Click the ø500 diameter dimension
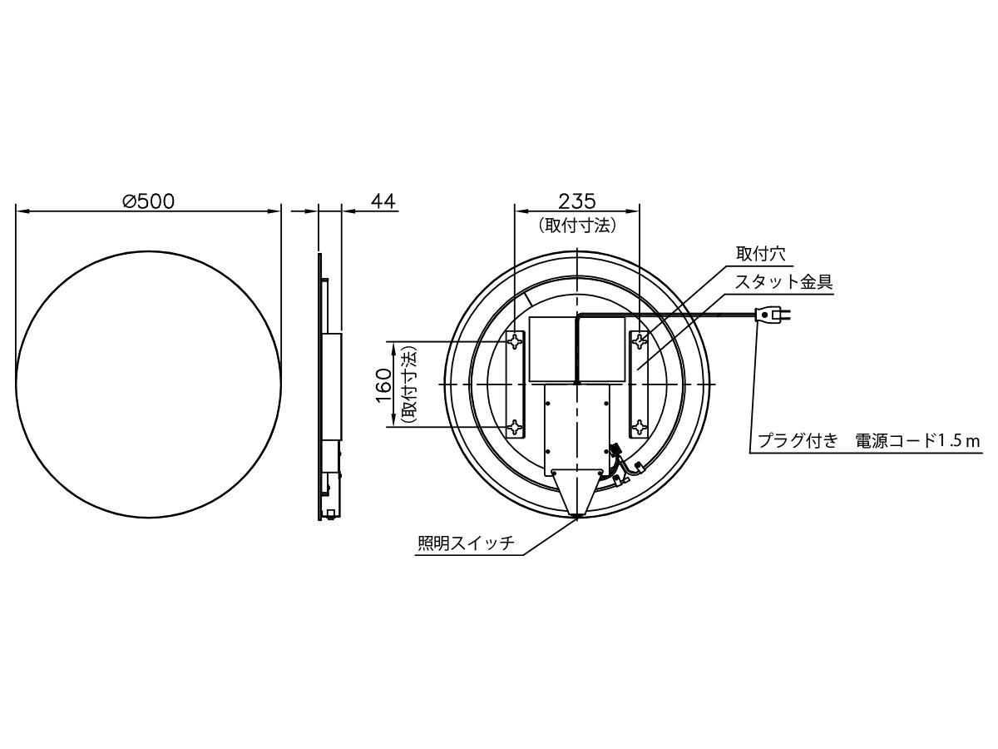149,201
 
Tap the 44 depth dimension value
383,201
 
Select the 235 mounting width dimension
577,201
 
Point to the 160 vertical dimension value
384,384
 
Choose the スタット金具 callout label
784,282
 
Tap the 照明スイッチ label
466,543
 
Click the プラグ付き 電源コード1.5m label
868,440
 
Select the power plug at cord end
773,314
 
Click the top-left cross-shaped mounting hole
515,341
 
